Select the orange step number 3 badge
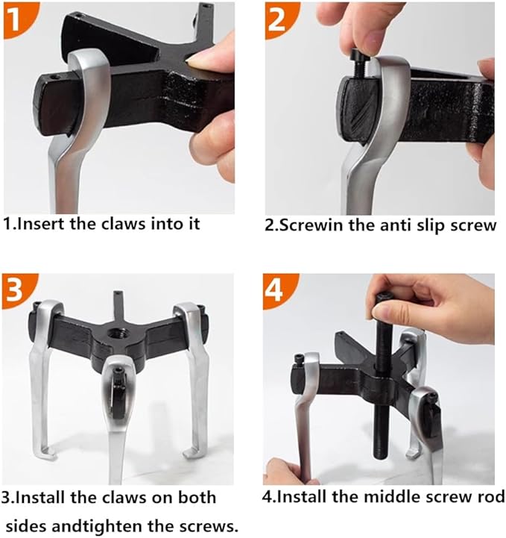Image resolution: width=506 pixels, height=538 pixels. point(16,288)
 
